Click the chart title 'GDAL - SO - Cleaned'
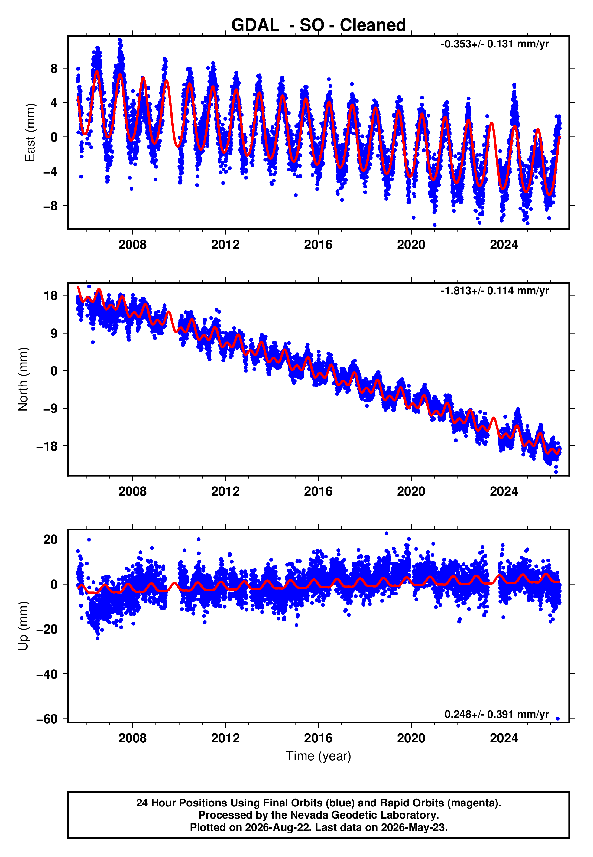pos(319,25)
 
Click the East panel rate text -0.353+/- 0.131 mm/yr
pos(494,44)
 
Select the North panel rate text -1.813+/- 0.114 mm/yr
pos(494,291)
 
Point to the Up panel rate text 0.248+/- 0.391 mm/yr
pos(496,714)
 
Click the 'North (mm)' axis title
pos(23,379)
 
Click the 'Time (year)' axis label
pos(319,756)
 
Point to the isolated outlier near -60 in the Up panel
pos(557,719)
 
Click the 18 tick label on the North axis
pos(51,296)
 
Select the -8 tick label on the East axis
pos(50,206)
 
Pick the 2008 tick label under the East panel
pos(132,245)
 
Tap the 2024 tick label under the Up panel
pos(504,738)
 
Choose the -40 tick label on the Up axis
pos(47,674)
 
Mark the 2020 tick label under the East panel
pos(411,245)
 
